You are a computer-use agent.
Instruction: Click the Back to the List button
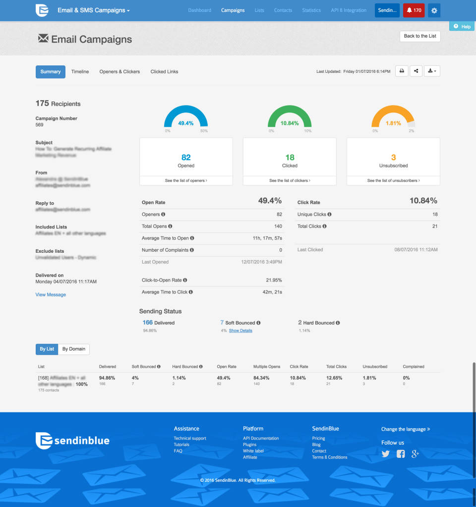coord(420,36)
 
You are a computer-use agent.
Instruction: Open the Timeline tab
coord(80,72)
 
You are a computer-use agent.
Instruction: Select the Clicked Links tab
coord(164,72)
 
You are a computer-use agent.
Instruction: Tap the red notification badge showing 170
coord(414,10)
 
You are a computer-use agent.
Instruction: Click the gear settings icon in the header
coord(434,10)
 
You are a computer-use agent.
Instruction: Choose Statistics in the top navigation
coord(311,10)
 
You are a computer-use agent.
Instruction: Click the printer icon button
coord(402,71)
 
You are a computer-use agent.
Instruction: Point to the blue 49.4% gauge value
coord(186,123)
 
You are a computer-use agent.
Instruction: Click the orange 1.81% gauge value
coord(393,123)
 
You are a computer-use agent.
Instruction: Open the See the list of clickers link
coord(290,180)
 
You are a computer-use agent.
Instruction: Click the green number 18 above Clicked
coord(290,158)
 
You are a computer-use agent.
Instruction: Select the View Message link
coord(51,295)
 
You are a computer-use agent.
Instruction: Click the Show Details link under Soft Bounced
coord(240,331)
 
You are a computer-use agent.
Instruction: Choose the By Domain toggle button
coord(74,349)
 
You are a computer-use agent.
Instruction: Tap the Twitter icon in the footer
coord(386,454)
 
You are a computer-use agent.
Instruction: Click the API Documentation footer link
coord(261,439)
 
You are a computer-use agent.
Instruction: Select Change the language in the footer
coord(406,429)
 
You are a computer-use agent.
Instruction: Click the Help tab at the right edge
coord(462,27)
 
